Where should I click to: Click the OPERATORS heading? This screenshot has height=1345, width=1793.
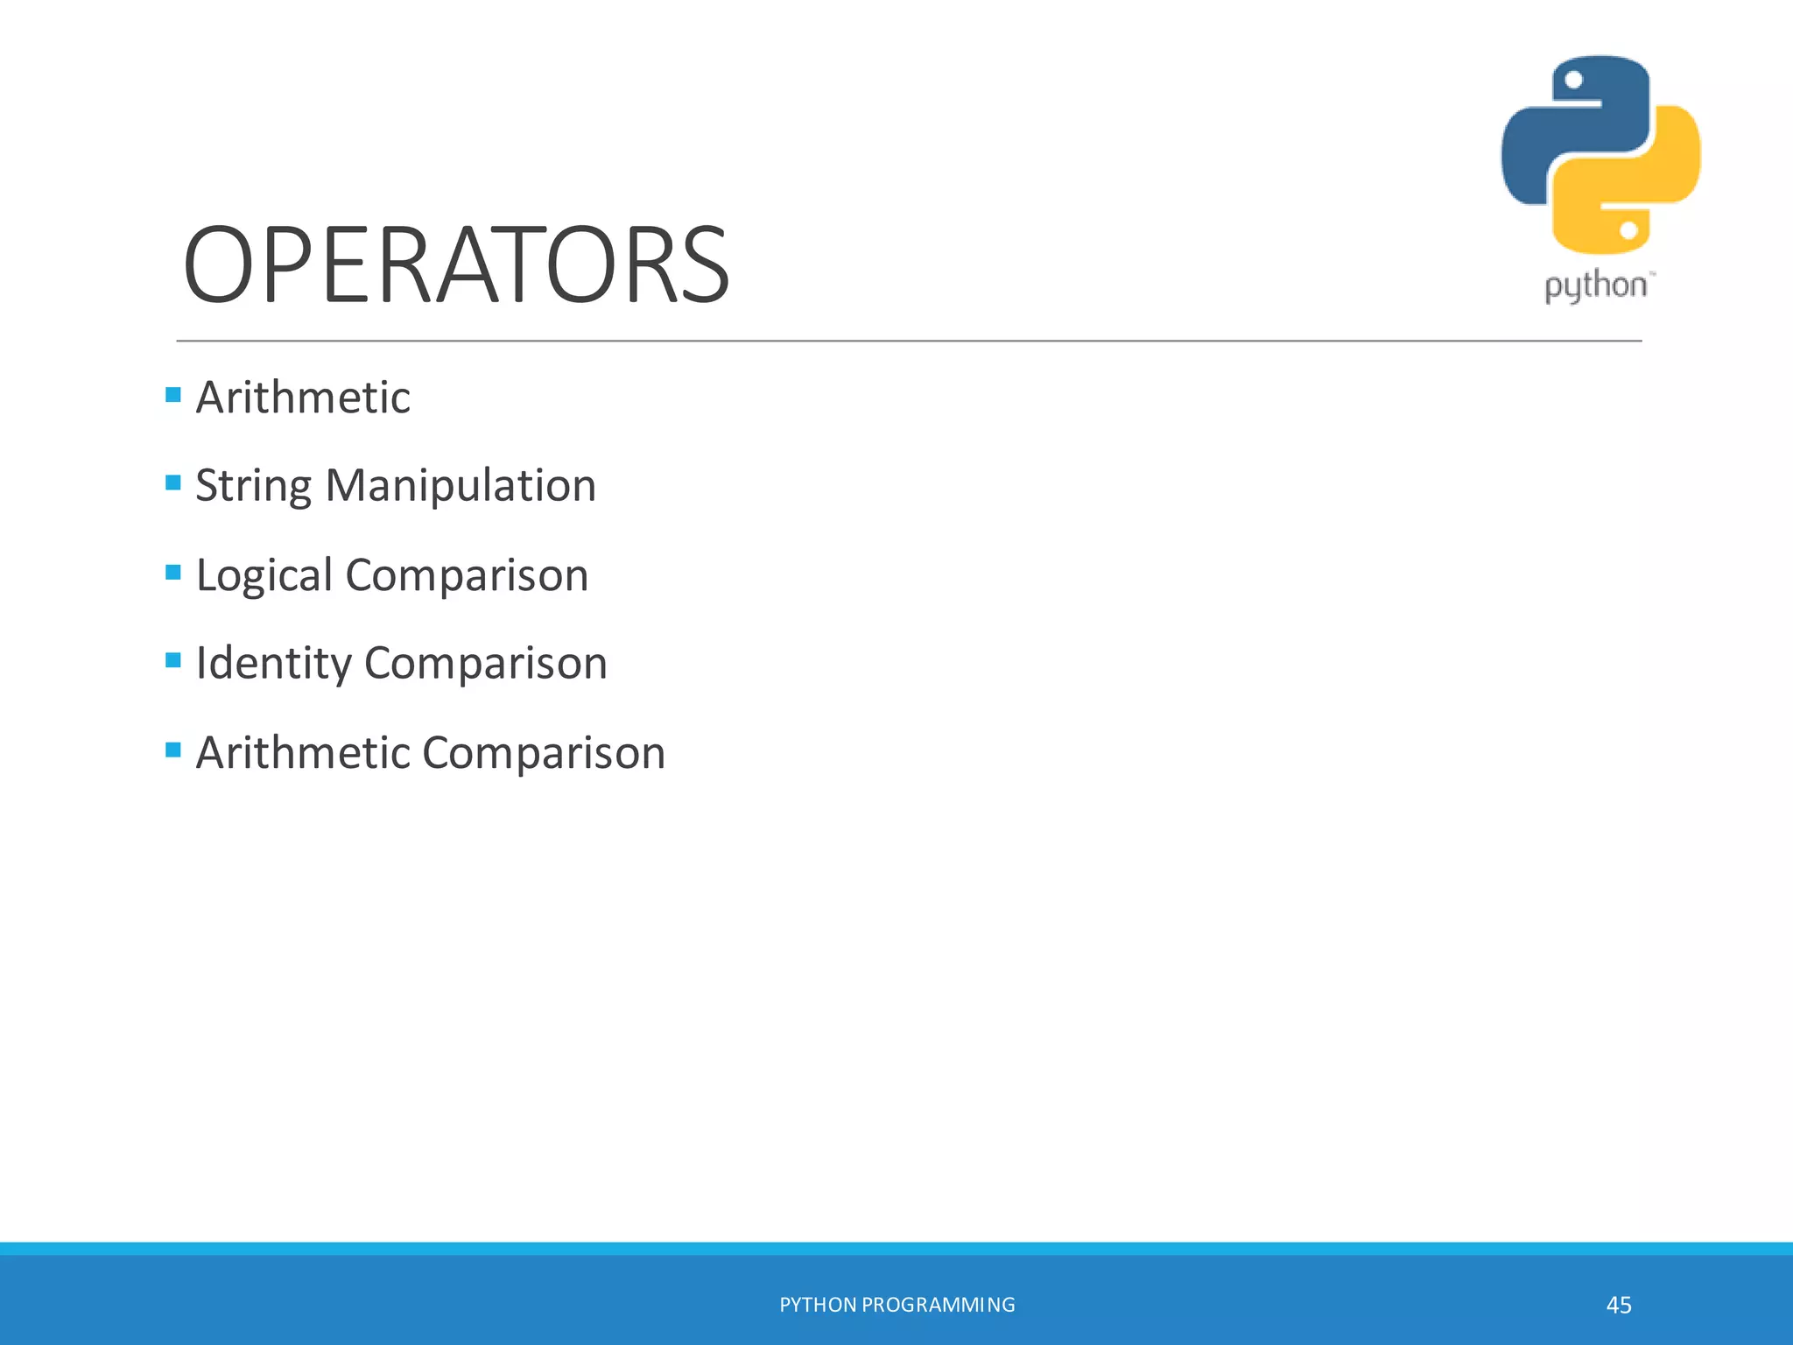point(455,265)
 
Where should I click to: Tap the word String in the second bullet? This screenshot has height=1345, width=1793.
point(253,486)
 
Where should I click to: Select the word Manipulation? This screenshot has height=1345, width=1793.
point(461,486)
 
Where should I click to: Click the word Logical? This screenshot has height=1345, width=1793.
point(264,576)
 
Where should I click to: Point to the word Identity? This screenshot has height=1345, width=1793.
point(273,664)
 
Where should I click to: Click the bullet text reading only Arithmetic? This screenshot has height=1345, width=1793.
point(303,398)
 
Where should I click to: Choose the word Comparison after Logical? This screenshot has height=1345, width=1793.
point(467,576)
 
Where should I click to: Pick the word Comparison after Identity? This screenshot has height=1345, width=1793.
point(485,664)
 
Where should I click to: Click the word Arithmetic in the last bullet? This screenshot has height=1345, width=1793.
point(303,753)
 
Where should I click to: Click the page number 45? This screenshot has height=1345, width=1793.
point(1619,1306)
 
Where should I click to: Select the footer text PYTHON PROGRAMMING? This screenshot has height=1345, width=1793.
point(896,1305)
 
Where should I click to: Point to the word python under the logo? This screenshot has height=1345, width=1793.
point(1595,285)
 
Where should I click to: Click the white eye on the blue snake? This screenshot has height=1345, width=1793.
point(1573,81)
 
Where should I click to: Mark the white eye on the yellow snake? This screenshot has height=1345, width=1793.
point(1628,231)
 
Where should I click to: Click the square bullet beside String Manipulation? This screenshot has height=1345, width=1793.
point(173,482)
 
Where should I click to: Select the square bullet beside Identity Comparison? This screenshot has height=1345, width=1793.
point(173,659)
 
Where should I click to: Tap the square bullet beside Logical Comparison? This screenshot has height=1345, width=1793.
point(173,572)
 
